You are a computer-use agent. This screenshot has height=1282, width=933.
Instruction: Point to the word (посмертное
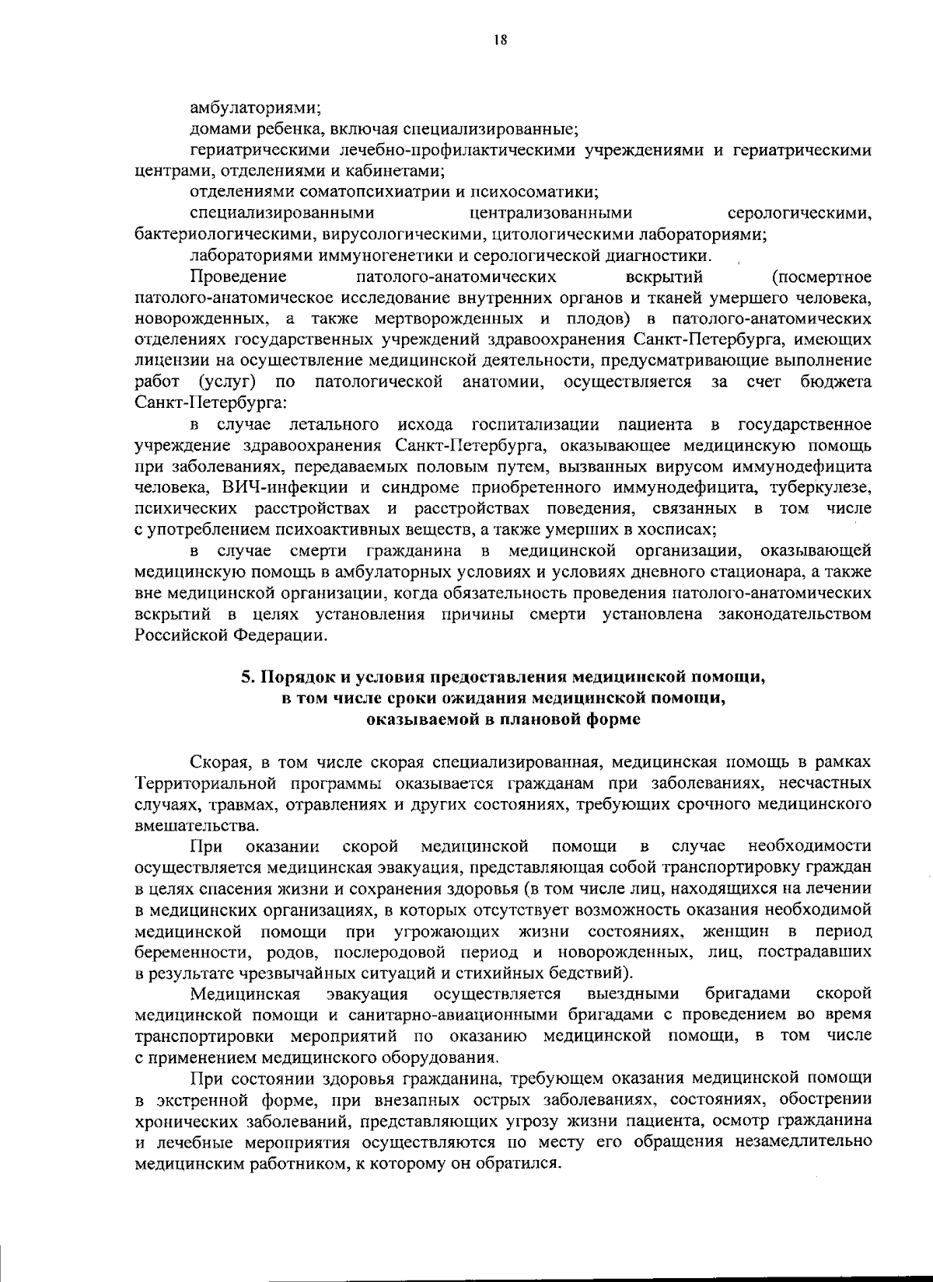(x=822, y=277)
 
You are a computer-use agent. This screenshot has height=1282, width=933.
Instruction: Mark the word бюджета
(x=836, y=381)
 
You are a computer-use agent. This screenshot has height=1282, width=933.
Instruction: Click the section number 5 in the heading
(x=245, y=677)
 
